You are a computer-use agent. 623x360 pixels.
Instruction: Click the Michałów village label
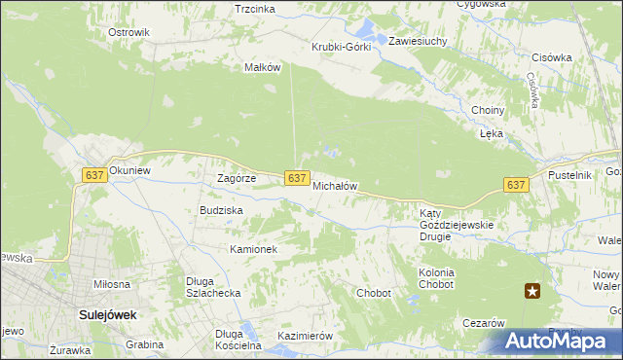336,185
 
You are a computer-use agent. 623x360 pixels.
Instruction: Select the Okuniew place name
131,170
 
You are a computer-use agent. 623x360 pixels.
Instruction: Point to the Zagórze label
236,179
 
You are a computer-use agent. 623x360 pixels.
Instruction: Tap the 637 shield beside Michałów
298,178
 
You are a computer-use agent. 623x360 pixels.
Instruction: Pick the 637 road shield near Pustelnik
516,185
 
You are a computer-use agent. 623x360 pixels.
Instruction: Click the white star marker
532,290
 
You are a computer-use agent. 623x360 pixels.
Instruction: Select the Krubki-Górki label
341,47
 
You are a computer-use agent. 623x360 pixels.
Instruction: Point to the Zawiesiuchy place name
418,42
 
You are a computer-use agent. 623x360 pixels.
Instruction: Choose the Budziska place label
221,210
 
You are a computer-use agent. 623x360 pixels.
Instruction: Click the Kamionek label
254,249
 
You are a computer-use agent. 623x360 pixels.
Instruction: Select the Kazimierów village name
306,336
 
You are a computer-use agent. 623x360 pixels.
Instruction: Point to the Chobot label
374,293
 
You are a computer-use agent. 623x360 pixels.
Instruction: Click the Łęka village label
490,134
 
